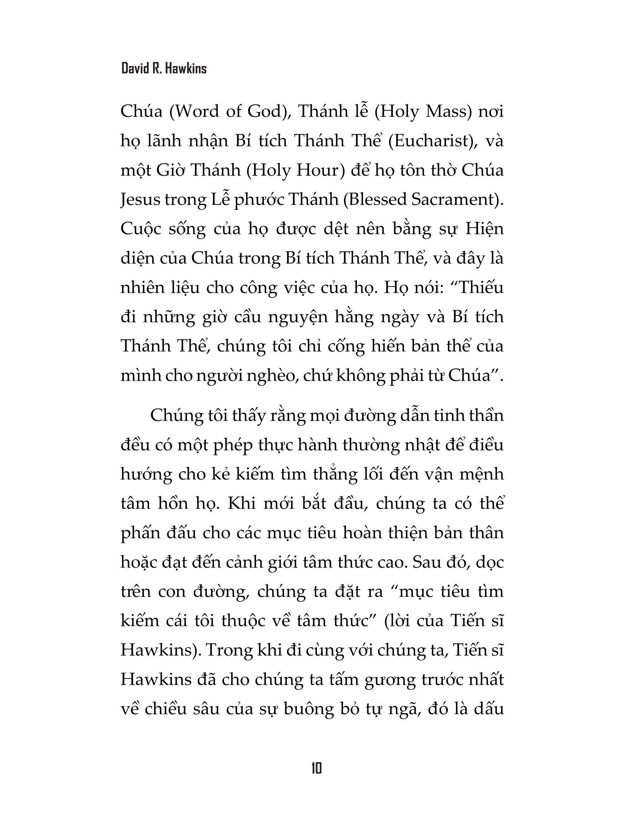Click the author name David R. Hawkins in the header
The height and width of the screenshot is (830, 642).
click(164, 69)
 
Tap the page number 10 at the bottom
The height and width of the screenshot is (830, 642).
click(316, 769)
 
